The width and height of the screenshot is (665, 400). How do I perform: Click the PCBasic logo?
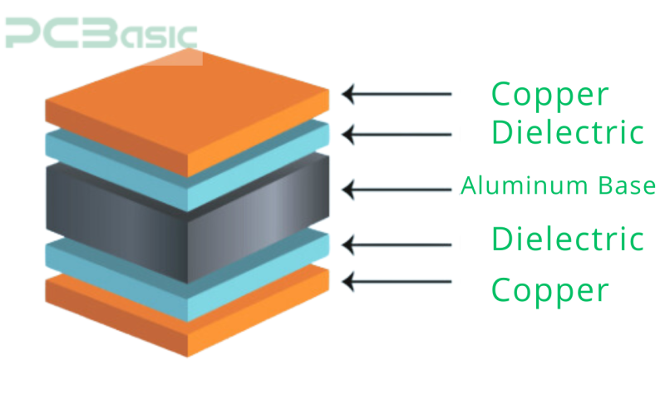[101, 33]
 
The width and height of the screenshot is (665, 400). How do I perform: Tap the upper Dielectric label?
[568, 132]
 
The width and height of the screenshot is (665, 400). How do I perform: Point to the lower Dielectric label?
[568, 239]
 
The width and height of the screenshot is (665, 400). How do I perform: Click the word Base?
[627, 185]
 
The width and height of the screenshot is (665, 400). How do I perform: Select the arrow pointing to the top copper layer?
[397, 94]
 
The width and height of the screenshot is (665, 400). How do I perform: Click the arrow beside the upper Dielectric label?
[397, 135]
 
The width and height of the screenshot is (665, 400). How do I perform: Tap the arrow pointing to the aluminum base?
[397, 190]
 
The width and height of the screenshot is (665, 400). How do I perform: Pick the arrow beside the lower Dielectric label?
[397, 244]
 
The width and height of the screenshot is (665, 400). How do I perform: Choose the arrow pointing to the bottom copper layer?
[397, 282]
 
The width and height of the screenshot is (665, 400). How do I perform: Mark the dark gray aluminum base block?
[188, 219]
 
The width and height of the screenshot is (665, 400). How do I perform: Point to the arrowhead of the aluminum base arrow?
[347, 190]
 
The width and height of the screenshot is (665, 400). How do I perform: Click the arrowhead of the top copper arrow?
[347, 94]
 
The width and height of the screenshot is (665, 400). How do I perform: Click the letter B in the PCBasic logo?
[101, 33]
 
